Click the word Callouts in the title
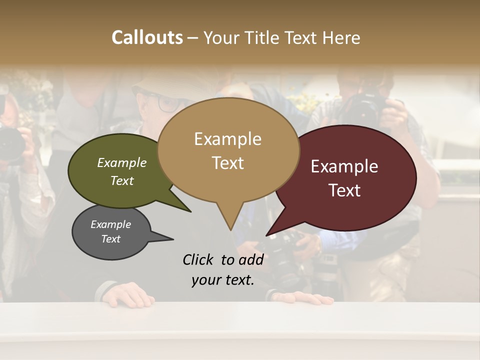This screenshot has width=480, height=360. (147, 37)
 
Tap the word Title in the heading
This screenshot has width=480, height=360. (262, 38)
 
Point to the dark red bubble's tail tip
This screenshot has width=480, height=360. (268, 234)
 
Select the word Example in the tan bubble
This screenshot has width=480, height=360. (227, 139)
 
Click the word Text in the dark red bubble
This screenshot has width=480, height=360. (344, 190)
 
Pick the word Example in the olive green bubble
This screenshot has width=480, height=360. (122, 163)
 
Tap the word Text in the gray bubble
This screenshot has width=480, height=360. (111, 239)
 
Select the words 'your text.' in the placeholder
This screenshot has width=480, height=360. (223, 280)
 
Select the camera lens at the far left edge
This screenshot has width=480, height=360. (11, 142)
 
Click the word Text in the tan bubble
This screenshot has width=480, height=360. (227, 163)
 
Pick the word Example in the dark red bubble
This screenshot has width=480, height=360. (344, 166)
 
